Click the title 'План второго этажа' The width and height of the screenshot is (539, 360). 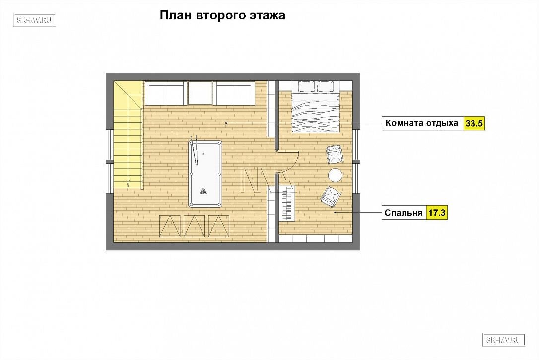tap(222, 16)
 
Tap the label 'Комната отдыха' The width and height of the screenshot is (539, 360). tap(422, 123)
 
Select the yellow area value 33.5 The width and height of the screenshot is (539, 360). tap(474, 123)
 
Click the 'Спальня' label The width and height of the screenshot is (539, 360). tap(403, 213)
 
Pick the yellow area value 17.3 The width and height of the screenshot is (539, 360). tap(437, 213)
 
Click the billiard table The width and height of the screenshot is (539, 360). tap(205, 174)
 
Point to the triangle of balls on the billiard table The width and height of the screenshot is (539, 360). tap(204, 191)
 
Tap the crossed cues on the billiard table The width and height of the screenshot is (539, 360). tap(195, 150)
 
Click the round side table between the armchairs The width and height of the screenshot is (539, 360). tap(335, 175)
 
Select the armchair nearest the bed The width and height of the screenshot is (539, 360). tap(335, 154)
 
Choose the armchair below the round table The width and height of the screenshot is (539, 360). tap(331, 197)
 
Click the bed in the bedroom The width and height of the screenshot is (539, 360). tap(316, 107)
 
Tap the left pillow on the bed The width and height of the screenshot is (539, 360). tap(306, 87)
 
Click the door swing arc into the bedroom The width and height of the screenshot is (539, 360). tap(293, 163)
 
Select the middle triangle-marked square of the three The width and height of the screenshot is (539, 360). tap(194, 226)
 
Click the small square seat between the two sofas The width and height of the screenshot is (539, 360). tap(201, 93)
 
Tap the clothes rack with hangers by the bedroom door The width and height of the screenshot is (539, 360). tap(287, 203)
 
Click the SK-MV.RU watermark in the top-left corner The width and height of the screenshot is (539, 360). tap(34, 20)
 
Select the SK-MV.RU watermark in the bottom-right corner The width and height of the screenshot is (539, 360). tap(504, 340)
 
